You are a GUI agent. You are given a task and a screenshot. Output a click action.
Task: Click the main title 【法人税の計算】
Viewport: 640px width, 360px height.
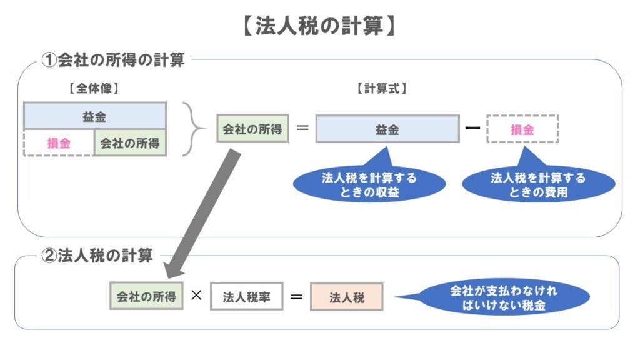click(319, 27)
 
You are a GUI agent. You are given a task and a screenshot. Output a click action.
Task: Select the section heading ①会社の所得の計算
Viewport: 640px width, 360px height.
click(113, 61)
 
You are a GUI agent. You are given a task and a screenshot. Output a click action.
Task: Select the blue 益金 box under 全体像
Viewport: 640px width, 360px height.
click(94, 116)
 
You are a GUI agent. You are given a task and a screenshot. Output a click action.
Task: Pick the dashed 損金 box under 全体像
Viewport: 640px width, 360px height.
click(59, 143)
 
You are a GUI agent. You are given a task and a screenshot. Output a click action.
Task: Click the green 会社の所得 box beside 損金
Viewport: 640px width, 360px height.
click(130, 143)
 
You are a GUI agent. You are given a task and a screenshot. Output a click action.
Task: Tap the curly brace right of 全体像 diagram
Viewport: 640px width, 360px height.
click(194, 129)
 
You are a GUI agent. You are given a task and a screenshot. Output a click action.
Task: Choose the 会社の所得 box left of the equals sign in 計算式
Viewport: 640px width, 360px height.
click(252, 130)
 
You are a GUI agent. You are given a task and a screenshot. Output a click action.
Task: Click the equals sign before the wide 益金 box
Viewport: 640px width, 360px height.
click(302, 129)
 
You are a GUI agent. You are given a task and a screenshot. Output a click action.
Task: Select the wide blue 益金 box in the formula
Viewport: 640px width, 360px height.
click(387, 129)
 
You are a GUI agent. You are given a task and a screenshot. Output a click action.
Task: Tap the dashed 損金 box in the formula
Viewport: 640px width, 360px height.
click(522, 129)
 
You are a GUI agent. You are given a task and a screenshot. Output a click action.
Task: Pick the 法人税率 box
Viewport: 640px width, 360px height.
click(247, 297)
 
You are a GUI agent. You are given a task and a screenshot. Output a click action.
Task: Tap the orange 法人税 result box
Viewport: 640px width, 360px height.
click(346, 297)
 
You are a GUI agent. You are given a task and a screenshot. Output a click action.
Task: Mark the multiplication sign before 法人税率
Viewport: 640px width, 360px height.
click(196, 296)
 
